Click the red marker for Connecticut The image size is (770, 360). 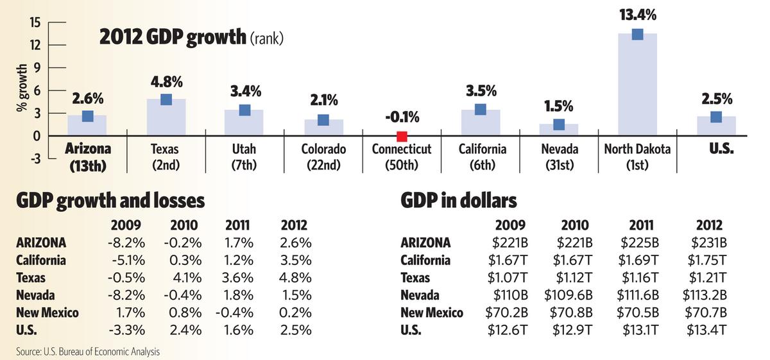click(402, 136)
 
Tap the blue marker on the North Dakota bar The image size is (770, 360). click(637, 34)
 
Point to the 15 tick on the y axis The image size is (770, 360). click(35, 22)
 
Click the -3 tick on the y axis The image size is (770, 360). click(35, 159)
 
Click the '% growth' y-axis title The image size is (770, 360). click(21, 90)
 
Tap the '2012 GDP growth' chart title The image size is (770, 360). click(172, 38)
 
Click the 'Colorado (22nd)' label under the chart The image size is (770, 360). click(323, 156)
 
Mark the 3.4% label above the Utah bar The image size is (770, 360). click(244, 90)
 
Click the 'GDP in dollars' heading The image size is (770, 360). click(459, 201)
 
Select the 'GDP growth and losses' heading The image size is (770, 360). click(110, 201)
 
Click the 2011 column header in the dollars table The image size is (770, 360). click(641, 225)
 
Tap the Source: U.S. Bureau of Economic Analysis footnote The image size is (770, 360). click(87, 351)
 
